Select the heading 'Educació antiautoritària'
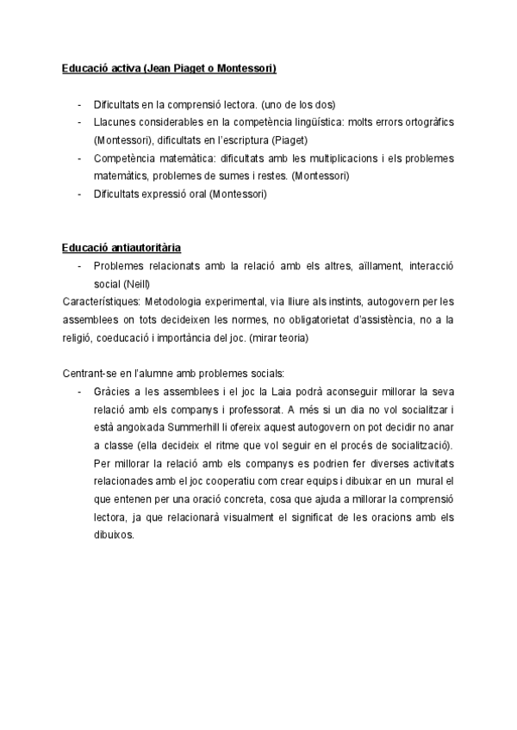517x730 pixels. tap(121, 248)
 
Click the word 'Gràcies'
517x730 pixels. tap(111, 390)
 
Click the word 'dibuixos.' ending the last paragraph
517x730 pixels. tap(114, 534)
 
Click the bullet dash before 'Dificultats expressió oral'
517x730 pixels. tap(80, 195)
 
